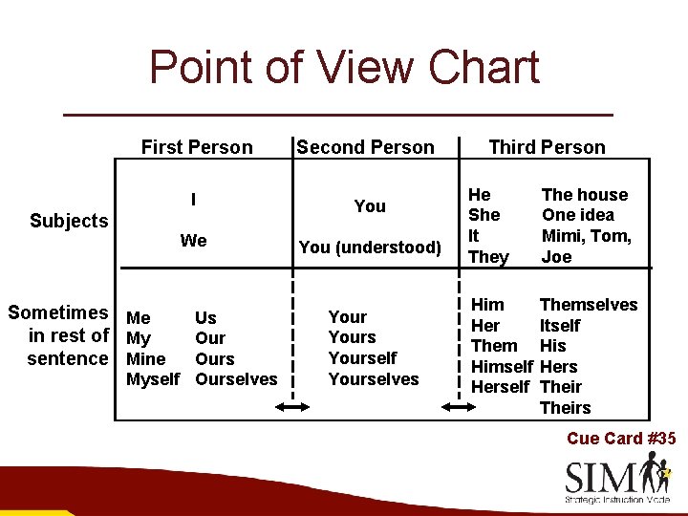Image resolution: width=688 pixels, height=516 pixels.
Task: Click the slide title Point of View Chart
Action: pos(344,69)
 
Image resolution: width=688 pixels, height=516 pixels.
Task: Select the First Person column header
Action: pos(197,147)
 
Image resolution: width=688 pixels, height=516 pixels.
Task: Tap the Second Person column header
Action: pos(365,147)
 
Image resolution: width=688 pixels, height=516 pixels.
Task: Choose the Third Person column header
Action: pos(547,147)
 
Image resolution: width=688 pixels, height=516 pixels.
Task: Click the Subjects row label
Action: pos(69,221)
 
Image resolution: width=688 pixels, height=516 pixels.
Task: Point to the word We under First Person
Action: pos(194,241)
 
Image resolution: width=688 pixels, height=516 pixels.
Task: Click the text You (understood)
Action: pos(370,247)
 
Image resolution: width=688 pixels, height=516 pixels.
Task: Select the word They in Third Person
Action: pos(489,257)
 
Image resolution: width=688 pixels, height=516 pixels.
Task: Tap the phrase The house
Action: pos(585,195)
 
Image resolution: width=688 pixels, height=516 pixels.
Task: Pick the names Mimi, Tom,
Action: pos(587,236)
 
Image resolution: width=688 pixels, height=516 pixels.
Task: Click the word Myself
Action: pos(153,379)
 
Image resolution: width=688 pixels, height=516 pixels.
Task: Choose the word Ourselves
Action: pos(236,379)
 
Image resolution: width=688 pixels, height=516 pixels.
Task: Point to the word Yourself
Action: pos(362,358)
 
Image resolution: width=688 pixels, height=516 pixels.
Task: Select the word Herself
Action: pos(500,387)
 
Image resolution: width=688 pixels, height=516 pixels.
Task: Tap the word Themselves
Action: pos(589,305)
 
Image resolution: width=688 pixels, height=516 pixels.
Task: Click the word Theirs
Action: pos(565,408)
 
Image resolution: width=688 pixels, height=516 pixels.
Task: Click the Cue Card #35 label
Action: pos(621,439)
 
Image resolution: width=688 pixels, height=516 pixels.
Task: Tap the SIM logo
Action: pos(617,479)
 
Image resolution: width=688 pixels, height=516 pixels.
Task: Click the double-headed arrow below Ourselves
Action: pos(291,407)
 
